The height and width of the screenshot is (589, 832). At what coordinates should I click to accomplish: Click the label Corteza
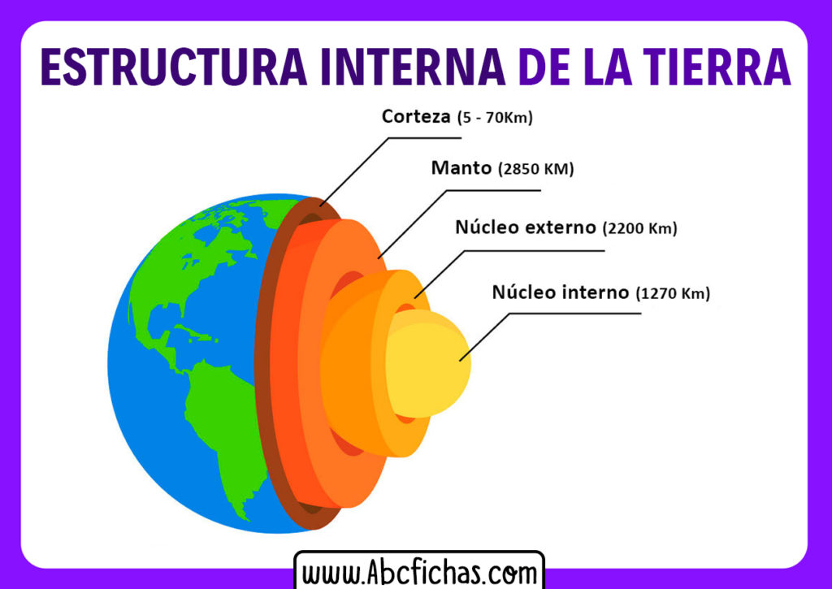pos(416,116)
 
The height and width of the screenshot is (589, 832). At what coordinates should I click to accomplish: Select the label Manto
pos(461,168)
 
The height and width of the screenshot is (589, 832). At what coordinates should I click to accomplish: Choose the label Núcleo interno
pos(561,292)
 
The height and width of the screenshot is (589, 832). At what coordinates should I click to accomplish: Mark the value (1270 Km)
pos(674,293)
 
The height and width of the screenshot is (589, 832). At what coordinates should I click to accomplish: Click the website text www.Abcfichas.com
pos(418,572)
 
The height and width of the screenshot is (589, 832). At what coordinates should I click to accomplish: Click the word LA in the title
pos(599,67)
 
